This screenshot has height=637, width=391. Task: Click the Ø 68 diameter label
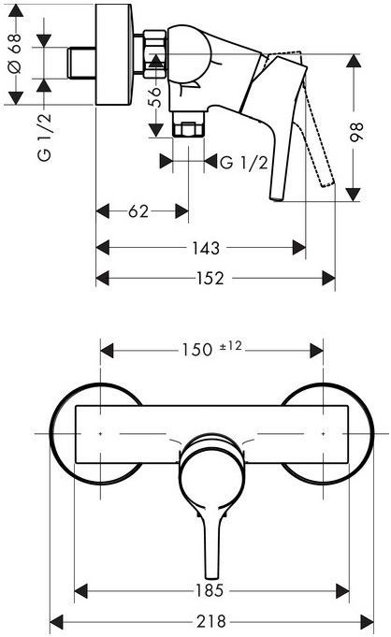pyautogui.click(x=15, y=54)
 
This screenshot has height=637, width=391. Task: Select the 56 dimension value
pyautogui.click(x=155, y=96)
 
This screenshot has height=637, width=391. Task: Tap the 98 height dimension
pyautogui.click(x=356, y=132)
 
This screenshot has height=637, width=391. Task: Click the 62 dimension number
pyautogui.click(x=138, y=211)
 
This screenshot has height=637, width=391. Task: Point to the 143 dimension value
pyautogui.click(x=206, y=248)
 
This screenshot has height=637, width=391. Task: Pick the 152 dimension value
pyautogui.click(x=210, y=279)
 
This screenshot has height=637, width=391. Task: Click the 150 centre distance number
pyautogui.click(x=197, y=350)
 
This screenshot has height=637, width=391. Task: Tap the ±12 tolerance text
pyautogui.click(x=230, y=346)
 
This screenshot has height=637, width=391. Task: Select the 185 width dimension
pyautogui.click(x=210, y=590)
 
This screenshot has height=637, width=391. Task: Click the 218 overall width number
pyautogui.click(x=211, y=621)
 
